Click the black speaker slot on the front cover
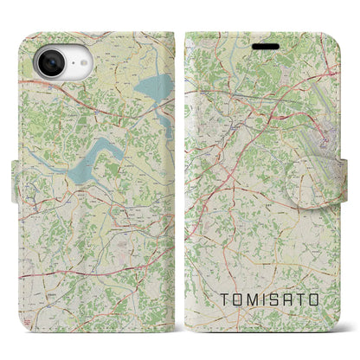point(266,46)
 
